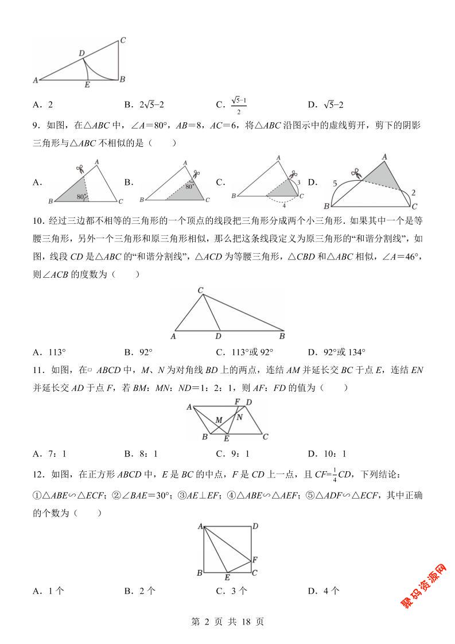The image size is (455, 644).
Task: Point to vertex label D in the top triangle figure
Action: [x=82, y=53]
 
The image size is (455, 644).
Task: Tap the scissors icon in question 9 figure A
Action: [x=80, y=169]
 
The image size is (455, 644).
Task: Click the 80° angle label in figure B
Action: [x=189, y=187]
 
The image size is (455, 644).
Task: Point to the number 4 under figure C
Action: [x=284, y=204]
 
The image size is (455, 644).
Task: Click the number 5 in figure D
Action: [x=335, y=184]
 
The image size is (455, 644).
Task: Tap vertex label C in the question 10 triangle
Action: [x=200, y=290]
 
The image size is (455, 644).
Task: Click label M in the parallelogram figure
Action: [x=218, y=420]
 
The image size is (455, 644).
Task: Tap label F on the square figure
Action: [x=255, y=558]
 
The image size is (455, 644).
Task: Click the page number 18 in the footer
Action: [x=244, y=622]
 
